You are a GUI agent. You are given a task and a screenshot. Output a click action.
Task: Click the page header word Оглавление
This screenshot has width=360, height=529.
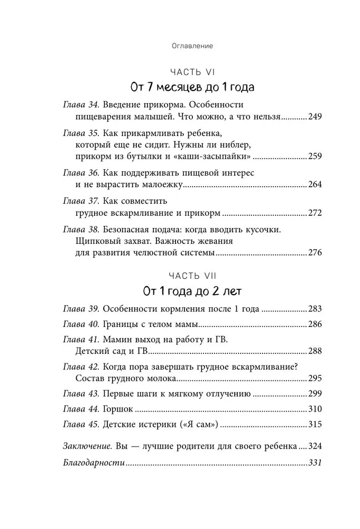192,46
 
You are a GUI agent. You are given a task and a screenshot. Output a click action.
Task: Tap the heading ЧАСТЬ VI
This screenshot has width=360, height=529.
192,71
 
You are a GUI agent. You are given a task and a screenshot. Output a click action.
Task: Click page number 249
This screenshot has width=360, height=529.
315,116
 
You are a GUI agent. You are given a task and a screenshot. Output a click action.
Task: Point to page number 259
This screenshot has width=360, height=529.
315,157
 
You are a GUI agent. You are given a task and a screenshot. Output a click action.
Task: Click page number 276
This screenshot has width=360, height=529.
315,253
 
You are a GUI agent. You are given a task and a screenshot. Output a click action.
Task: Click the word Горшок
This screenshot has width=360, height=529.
118,409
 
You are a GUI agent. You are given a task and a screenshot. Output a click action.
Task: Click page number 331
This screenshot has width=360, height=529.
315,462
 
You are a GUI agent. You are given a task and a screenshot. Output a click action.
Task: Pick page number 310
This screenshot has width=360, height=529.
315,409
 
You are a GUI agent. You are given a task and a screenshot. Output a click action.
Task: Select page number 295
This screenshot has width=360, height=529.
315,379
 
